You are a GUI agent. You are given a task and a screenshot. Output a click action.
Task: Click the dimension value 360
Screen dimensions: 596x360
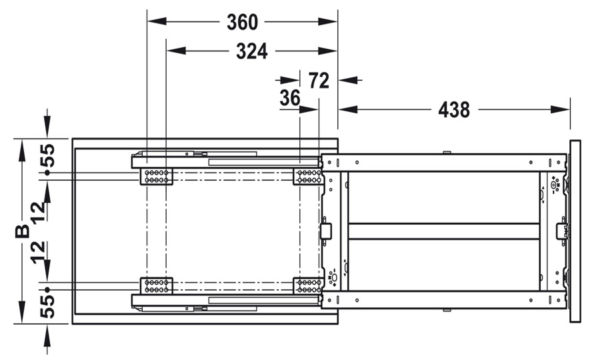tap(242, 22)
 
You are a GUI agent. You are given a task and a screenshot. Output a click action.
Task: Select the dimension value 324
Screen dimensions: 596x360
tap(251, 51)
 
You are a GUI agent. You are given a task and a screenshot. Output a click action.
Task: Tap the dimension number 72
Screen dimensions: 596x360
tap(319, 81)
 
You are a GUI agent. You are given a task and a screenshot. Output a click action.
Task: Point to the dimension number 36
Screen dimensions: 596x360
tap(289, 98)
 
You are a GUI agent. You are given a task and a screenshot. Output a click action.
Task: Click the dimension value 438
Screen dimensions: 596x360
tap(454, 110)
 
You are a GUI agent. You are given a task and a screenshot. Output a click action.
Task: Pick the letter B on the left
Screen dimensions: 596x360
tap(23, 231)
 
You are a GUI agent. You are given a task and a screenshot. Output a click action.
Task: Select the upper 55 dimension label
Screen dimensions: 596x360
tap(48, 156)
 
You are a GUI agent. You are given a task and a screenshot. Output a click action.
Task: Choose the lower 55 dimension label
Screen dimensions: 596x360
tap(48, 307)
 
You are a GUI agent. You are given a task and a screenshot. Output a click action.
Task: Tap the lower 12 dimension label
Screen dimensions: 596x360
tap(39, 253)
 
